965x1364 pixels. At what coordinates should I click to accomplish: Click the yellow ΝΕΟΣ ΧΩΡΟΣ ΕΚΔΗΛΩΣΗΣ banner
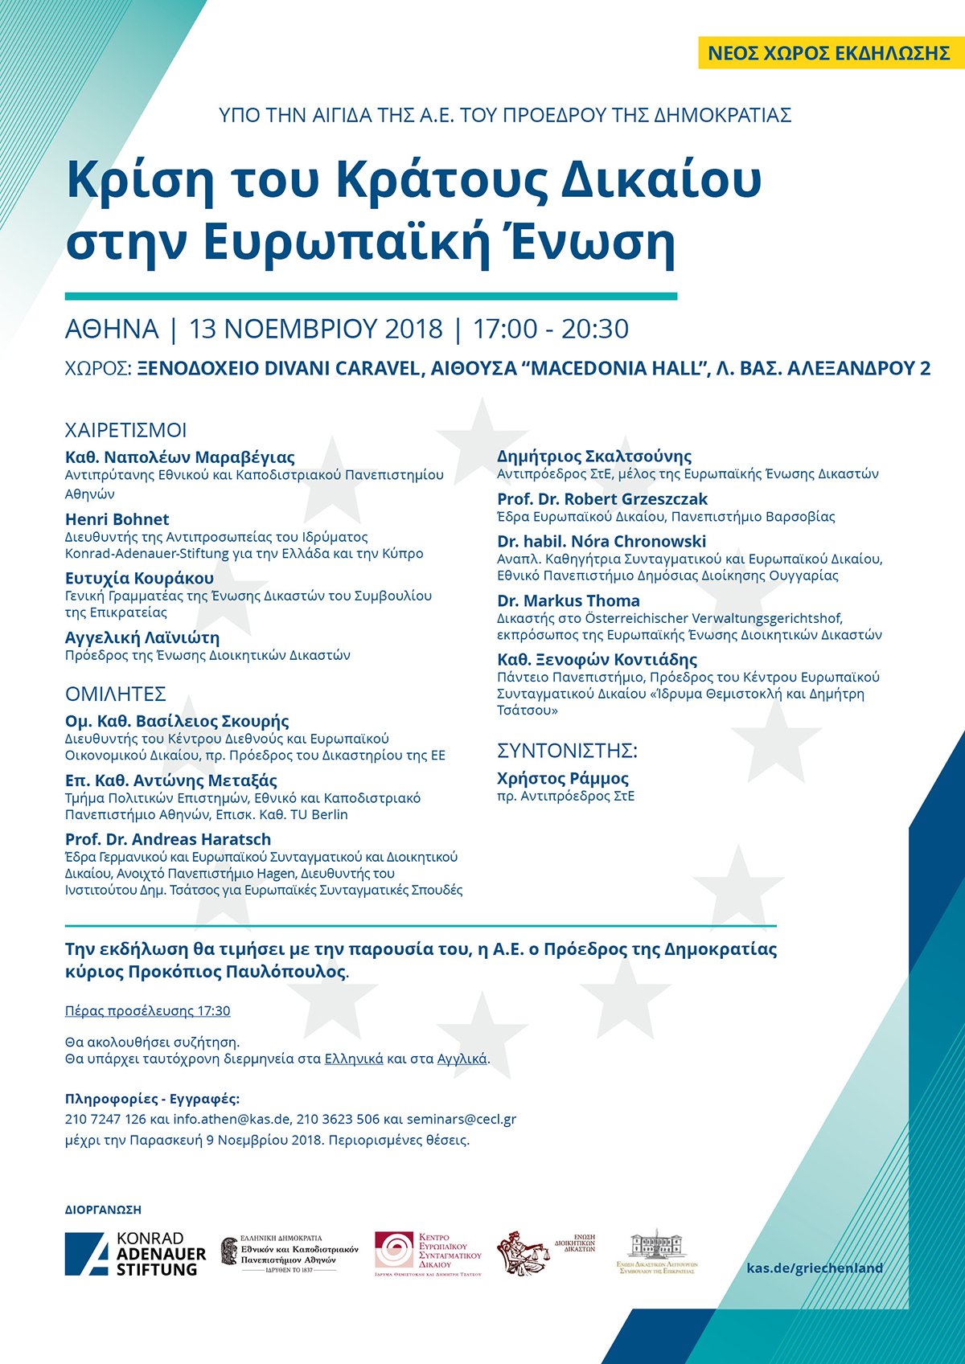829,53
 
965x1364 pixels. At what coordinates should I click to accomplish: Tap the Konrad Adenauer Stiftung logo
135,1254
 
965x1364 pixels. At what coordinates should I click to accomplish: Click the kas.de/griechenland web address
815,1268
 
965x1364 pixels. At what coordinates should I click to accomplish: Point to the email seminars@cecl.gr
462,1119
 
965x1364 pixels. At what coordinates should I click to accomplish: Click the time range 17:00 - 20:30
551,329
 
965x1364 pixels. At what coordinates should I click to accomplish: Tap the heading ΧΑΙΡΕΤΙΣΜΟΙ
125,430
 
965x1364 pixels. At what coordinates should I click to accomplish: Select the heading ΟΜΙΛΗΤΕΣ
116,694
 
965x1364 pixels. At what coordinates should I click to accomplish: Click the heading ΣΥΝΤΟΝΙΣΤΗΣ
567,751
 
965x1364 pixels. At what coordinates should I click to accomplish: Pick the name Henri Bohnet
117,519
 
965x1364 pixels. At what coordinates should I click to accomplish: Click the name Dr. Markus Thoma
569,600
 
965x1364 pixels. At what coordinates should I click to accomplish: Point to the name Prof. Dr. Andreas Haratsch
168,839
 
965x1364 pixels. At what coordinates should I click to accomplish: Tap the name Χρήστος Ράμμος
563,778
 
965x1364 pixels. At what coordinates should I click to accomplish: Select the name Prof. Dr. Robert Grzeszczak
602,499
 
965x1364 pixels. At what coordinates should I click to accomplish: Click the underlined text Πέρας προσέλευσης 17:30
148,1010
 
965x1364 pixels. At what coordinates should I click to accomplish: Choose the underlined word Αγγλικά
462,1059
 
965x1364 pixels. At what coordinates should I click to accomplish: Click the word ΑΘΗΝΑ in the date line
112,329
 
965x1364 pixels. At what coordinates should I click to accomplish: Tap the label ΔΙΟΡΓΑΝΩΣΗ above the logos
103,1210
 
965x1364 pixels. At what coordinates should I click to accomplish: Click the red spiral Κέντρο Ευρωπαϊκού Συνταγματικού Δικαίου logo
428,1254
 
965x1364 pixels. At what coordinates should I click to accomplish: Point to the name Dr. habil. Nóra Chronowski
602,541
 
